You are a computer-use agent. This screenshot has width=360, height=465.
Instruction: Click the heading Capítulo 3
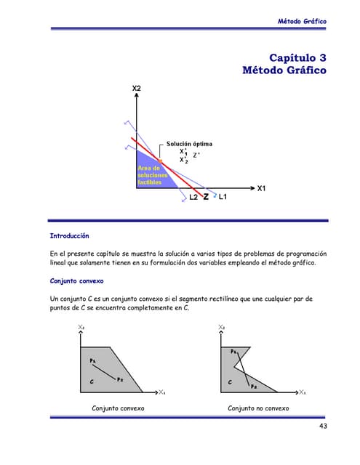[297, 57]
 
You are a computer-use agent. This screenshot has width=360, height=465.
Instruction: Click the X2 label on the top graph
[137, 88]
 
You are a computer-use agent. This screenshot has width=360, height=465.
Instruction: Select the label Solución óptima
[190, 144]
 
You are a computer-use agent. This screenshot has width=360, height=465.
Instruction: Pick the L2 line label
[193, 198]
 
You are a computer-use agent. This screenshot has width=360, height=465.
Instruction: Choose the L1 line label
[223, 198]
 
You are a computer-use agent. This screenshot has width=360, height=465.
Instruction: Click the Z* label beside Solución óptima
[197, 154]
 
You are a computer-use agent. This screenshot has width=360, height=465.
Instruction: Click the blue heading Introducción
[69, 236]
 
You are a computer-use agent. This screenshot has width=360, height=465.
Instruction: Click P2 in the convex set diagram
[119, 379]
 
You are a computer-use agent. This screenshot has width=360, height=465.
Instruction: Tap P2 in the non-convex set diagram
[254, 387]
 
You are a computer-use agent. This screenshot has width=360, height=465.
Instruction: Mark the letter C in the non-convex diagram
[229, 381]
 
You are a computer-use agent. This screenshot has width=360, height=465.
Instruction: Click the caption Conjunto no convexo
[258, 408]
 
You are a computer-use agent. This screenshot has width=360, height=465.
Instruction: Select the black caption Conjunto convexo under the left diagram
[117, 408]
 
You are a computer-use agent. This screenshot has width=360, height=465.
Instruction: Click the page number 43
[323, 426]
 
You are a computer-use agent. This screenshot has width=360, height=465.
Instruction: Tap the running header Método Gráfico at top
[303, 21]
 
